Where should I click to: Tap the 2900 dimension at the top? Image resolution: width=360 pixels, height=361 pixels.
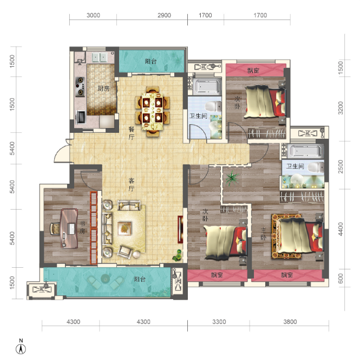pos(164,15)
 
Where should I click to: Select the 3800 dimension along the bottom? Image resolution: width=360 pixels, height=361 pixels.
pos(290,321)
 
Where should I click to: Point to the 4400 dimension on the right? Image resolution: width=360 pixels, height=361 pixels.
pos(341,229)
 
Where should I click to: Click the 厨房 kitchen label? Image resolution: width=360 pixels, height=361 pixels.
pos(103,88)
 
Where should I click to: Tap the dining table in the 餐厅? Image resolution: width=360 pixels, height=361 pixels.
pos(153,111)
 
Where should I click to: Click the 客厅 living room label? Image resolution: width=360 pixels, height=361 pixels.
pos(131,184)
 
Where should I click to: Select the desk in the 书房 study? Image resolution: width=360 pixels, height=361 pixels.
pos(69,228)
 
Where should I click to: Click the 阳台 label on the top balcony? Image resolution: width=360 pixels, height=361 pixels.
pos(151,61)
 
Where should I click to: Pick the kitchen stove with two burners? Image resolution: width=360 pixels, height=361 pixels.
pos(80,86)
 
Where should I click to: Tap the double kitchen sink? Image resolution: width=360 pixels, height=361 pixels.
pos(100,57)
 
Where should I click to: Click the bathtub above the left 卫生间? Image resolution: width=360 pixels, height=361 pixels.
pos(206,86)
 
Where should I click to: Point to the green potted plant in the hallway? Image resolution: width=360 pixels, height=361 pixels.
pos(232,178)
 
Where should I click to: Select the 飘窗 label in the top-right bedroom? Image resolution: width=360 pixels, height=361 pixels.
pos(253,70)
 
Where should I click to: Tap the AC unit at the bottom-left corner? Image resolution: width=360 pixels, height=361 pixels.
pos(41,289)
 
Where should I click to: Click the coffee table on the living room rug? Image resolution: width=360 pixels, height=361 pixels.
pos(125,228)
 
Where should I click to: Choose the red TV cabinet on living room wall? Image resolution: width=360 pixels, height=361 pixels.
pos(180,229)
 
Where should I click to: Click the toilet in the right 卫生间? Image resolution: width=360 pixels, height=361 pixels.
pos(316,167)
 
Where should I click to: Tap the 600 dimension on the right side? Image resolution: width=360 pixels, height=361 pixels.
pos(341,278)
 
